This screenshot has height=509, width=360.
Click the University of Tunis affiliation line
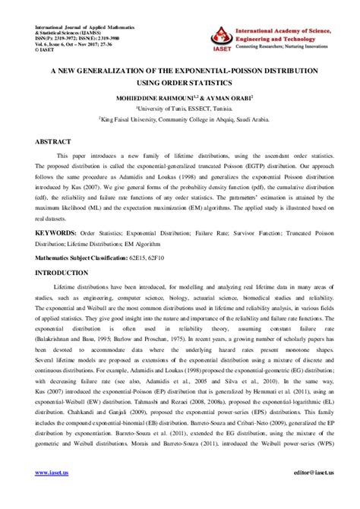click(180, 109)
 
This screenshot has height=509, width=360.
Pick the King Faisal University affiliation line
click(180, 119)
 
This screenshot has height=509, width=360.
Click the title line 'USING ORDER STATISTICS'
click(180, 84)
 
